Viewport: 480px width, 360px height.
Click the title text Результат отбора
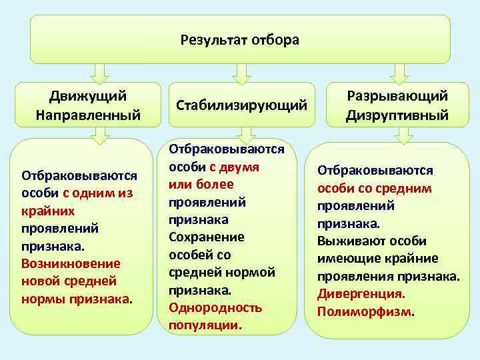(x=240, y=40)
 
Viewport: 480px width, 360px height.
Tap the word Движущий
(x=88, y=97)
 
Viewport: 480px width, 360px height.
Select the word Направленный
(x=88, y=115)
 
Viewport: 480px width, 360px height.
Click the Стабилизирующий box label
(x=241, y=105)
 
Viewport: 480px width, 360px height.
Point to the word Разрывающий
(x=397, y=97)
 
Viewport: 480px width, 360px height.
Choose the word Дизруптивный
(x=397, y=115)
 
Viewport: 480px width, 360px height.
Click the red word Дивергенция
(x=361, y=293)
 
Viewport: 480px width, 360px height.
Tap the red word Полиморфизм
(x=365, y=311)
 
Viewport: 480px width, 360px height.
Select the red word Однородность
(x=215, y=307)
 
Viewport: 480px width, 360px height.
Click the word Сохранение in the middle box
(x=207, y=237)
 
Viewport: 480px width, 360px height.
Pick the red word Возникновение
(x=71, y=263)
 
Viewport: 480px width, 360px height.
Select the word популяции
(x=205, y=325)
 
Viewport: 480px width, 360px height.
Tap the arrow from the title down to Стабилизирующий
(x=241, y=71)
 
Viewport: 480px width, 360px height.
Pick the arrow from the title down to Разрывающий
(x=399, y=71)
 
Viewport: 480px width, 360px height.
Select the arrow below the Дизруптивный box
(x=403, y=135)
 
